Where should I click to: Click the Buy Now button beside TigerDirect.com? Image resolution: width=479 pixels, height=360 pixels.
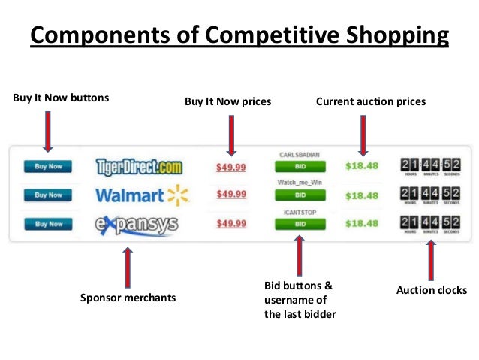pyautogui.click(x=49, y=166)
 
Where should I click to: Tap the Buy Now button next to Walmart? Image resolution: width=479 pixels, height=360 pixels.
pyautogui.click(x=49, y=195)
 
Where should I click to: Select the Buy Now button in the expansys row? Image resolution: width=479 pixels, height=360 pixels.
pyautogui.click(x=49, y=223)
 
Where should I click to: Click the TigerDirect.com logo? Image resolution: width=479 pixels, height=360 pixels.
pyautogui.click(x=140, y=166)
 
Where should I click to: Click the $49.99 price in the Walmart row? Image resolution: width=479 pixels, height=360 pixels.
pyautogui.click(x=231, y=195)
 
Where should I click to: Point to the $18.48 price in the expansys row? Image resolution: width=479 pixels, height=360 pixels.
pyautogui.click(x=362, y=224)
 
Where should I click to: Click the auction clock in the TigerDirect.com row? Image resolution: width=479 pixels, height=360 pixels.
pyautogui.click(x=430, y=166)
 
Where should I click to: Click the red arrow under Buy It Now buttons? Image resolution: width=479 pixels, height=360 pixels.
pyautogui.click(x=48, y=132)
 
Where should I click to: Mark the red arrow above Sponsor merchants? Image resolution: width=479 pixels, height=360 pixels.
pyautogui.click(x=127, y=267)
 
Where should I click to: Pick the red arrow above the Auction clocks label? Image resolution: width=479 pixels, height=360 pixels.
pyautogui.click(x=430, y=261)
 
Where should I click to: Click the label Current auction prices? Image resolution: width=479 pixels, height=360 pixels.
pyautogui.click(x=371, y=101)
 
